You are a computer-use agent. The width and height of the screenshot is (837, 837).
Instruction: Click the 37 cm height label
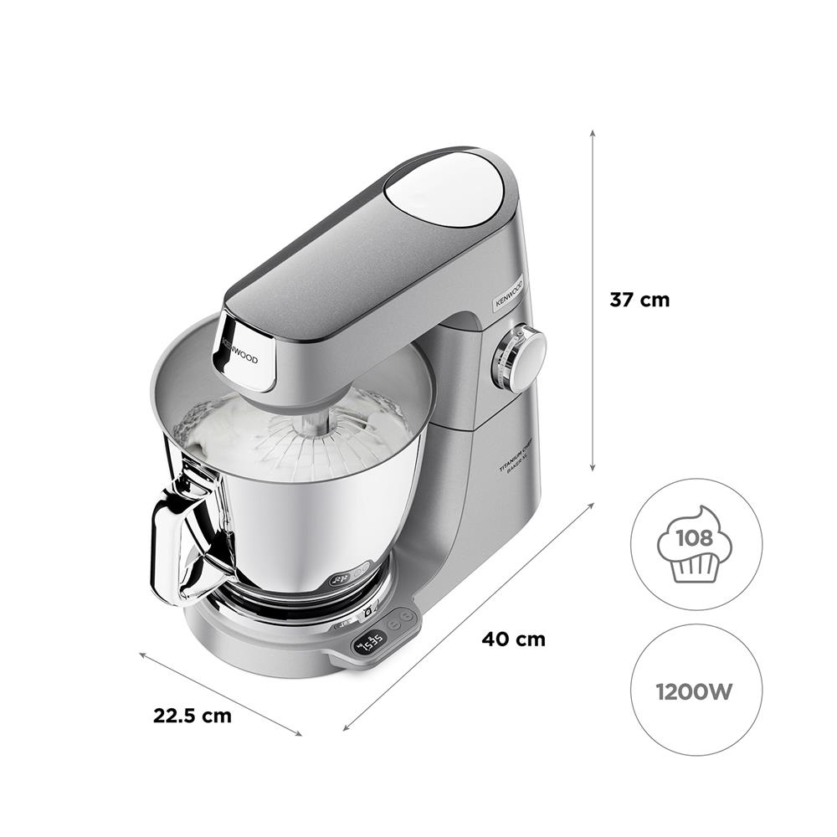pos(639,300)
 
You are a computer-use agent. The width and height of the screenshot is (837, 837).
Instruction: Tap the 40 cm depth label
pos(513,639)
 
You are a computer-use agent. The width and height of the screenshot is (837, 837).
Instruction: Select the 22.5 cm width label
pos(193,716)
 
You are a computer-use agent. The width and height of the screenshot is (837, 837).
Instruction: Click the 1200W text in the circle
pos(696,691)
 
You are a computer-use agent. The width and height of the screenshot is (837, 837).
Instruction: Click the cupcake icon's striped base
pos(696,567)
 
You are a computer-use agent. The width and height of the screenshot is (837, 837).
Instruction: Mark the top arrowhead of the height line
pos(593,133)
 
